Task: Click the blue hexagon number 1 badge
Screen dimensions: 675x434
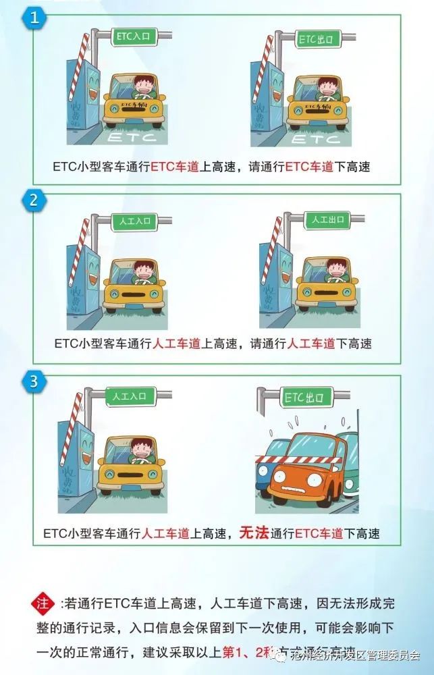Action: (x=34, y=18)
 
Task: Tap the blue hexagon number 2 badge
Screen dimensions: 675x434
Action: (x=34, y=200)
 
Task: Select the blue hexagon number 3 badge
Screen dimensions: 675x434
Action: (x=34, y=381)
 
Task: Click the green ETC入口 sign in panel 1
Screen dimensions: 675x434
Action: (x=133, y=38)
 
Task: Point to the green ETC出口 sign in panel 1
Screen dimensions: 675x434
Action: (x=317, y=39)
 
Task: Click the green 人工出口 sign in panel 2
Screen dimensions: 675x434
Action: (x=327, y=220)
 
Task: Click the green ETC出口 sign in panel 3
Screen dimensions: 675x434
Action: (x=304, y=397)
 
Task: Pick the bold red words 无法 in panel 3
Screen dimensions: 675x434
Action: (x=254, y=533)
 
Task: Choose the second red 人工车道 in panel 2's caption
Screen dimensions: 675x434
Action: (x=312, y=344)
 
